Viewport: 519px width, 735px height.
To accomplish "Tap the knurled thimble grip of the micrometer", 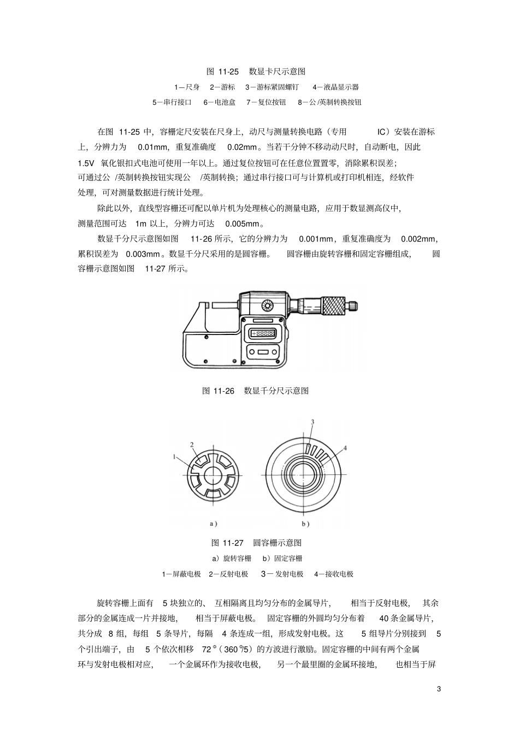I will pyautogui.click(x=333, y=304).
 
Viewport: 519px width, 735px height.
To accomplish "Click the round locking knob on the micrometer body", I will pyautogui.click(x=267, y=305).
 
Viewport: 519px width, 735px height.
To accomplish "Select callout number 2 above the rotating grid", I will pyautogui.click(x=192, y=444).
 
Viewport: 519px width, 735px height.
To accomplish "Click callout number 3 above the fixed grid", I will pyautogui.click(x=312, y=422).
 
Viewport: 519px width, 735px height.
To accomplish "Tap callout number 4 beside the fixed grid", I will pyautogui.click(x=345, y=448).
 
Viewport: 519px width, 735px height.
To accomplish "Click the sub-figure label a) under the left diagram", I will pyautogui.click(x=214, y=524).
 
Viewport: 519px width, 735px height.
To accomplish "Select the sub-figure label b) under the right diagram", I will pyautogui.click(x=305, y=524).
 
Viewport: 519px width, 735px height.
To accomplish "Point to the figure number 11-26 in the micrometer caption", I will pyautogui.click(x=223, y=391).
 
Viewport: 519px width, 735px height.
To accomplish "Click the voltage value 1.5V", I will pyautogui.click(x=86, y=163).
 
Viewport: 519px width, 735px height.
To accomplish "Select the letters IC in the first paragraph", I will pyautogui.click(x=382, y=132).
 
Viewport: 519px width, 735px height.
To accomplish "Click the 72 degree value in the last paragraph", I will pyautogui.click(x=206, y=650).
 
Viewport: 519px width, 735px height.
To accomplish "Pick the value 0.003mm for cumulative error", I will pyautogui.click(x=143, y=254).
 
